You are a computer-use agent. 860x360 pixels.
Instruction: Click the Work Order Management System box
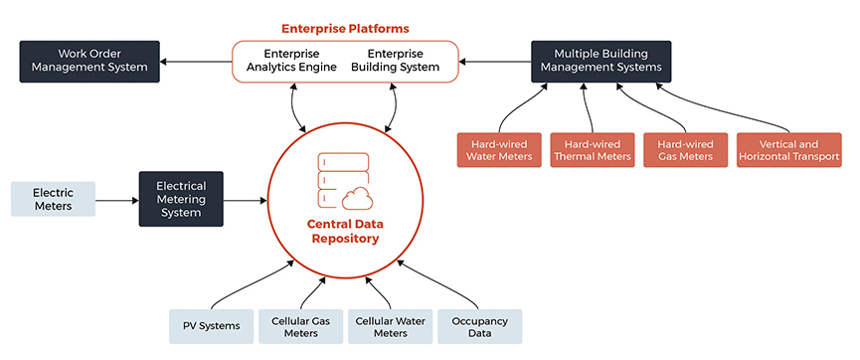(x=89, y=61)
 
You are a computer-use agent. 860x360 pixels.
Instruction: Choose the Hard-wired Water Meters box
(x=499, y=149)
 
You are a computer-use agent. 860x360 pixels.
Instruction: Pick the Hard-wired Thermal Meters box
(x=592, y=149)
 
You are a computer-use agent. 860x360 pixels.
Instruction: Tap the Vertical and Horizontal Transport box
(x=789, y=149)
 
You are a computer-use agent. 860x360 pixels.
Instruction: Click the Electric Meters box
(x=53, y=199)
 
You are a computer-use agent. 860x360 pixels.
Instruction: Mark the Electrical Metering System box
(x=181, y=199)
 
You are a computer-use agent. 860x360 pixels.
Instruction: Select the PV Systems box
(x=210, y=326)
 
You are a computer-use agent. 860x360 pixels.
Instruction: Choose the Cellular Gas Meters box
(x=300, y=326)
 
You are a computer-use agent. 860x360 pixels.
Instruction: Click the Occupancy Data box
(x=479, y=326)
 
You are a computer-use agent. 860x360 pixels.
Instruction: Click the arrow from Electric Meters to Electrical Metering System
(x=116, y=200)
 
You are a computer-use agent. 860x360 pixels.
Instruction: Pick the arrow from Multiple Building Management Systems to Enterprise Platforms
(x=494, y=62)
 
